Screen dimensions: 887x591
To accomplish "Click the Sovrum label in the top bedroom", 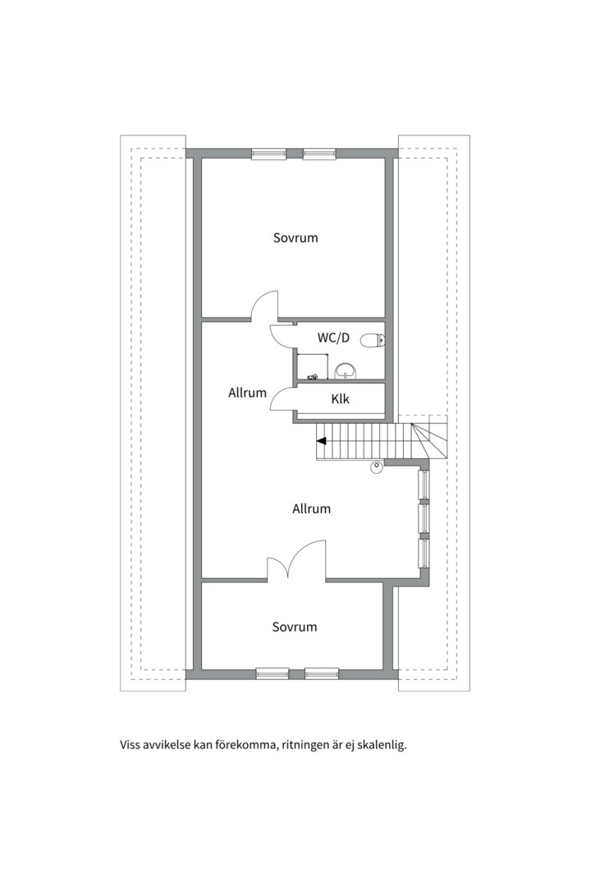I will pyautogui.click(x=295, y=238).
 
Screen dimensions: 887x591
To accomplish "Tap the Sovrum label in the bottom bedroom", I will pyautogui.click(x=294, y=627).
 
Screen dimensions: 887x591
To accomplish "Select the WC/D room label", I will pyautogui.click(x=333, y=338).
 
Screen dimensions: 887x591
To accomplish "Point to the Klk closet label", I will pyautogui.click(x=340, y=399).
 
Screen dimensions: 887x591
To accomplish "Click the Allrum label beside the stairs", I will pyautogui.click(x=311, y=509).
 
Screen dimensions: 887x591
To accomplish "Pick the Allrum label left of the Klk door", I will pyautogui.click(x=247, y=393).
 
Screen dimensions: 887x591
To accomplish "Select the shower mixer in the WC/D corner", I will pyautogui.click(x=312, y=376).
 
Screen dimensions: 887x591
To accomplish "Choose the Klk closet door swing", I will pyautogui.click(x=282, y=398).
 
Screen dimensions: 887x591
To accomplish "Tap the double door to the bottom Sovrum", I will pyautogui.click(x=296, y=561).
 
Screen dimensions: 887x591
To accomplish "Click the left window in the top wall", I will pyautogui.click(x=268, y=153).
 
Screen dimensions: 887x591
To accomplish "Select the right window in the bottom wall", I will pyautogui.click(x=322, y=673).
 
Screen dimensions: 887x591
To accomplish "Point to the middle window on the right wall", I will pyautogui.click(x=424, y=518).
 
